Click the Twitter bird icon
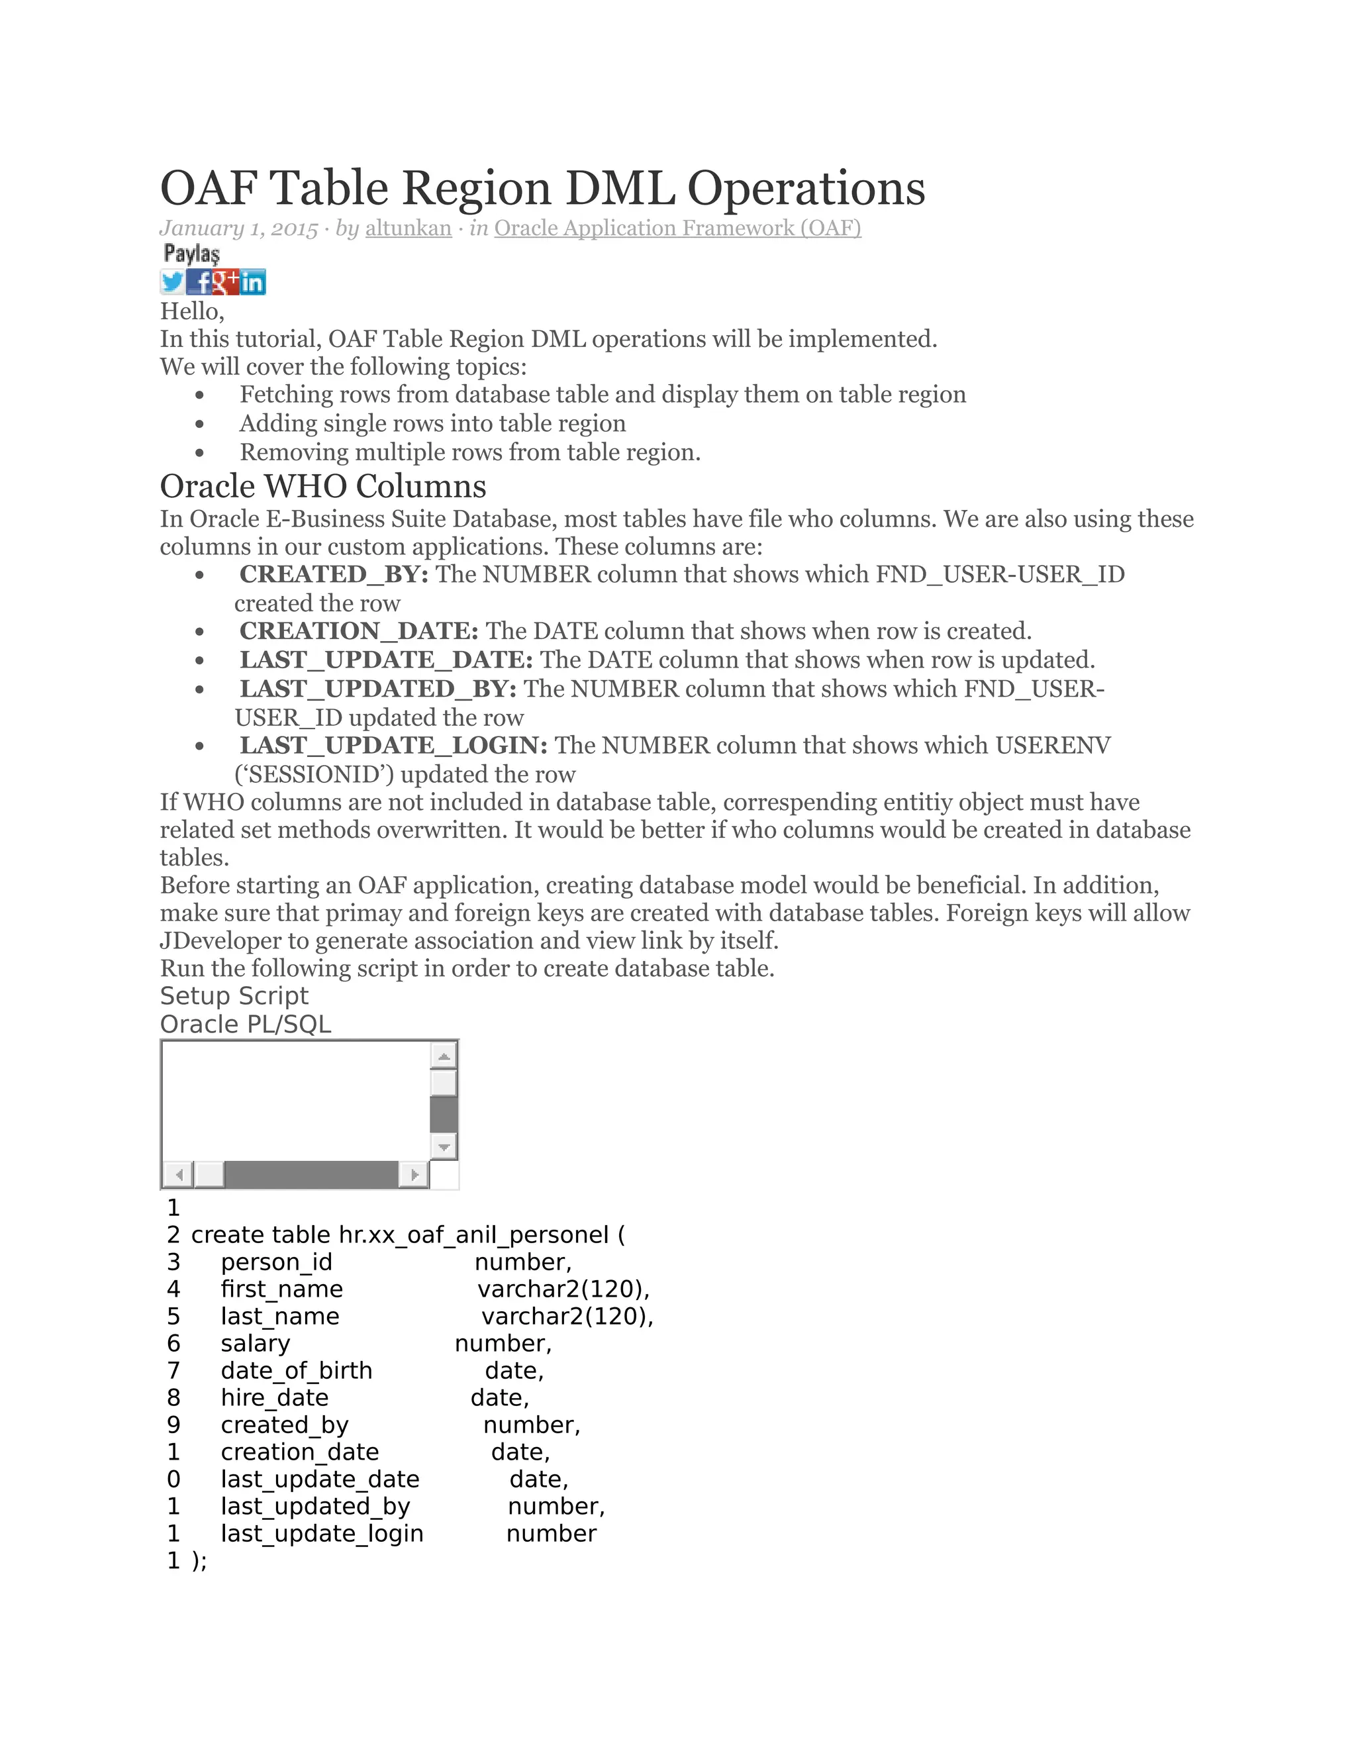coord(172,282)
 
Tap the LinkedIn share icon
coord(252,282)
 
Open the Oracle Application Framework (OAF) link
coord(677,228)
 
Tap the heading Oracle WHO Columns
coord(323,486)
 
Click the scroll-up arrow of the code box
coord(444,1055)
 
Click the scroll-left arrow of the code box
coord(178,1175)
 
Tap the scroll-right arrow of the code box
coord(414,1175)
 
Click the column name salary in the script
coord(256,1344)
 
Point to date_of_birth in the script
coord(297,1370)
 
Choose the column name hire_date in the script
coord(275,1397)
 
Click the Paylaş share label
coord(191,254)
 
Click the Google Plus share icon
coord(226,282)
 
